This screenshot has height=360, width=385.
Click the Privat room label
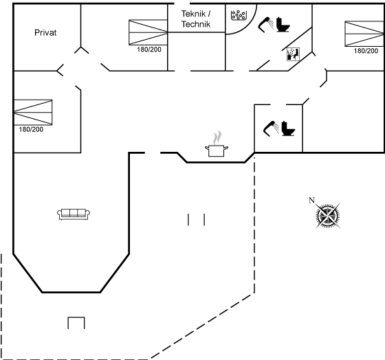point(45,33)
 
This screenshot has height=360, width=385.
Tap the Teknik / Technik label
point(196,19)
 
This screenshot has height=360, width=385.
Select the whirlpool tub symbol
point(239,15)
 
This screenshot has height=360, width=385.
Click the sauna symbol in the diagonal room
point(293,54)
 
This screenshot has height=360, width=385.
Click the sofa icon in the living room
point(74,214)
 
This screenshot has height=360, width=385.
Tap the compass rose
point(328,216)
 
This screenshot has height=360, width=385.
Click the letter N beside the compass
point(311,200)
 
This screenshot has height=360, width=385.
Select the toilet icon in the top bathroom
point(283,25)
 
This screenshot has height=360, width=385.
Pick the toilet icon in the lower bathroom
point(288,128)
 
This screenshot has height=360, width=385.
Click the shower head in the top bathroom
point(265,25)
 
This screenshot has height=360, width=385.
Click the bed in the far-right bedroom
point(364,34)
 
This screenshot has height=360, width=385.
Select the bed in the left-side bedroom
point(33,112)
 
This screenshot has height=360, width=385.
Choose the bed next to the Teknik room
point(148,32)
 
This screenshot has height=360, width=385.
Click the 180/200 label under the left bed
point(31,129)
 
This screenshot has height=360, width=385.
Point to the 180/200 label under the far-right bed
point(366,51)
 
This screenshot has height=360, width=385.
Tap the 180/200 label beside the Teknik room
point(149,49)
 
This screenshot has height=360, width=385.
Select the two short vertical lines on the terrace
point(196,219)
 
